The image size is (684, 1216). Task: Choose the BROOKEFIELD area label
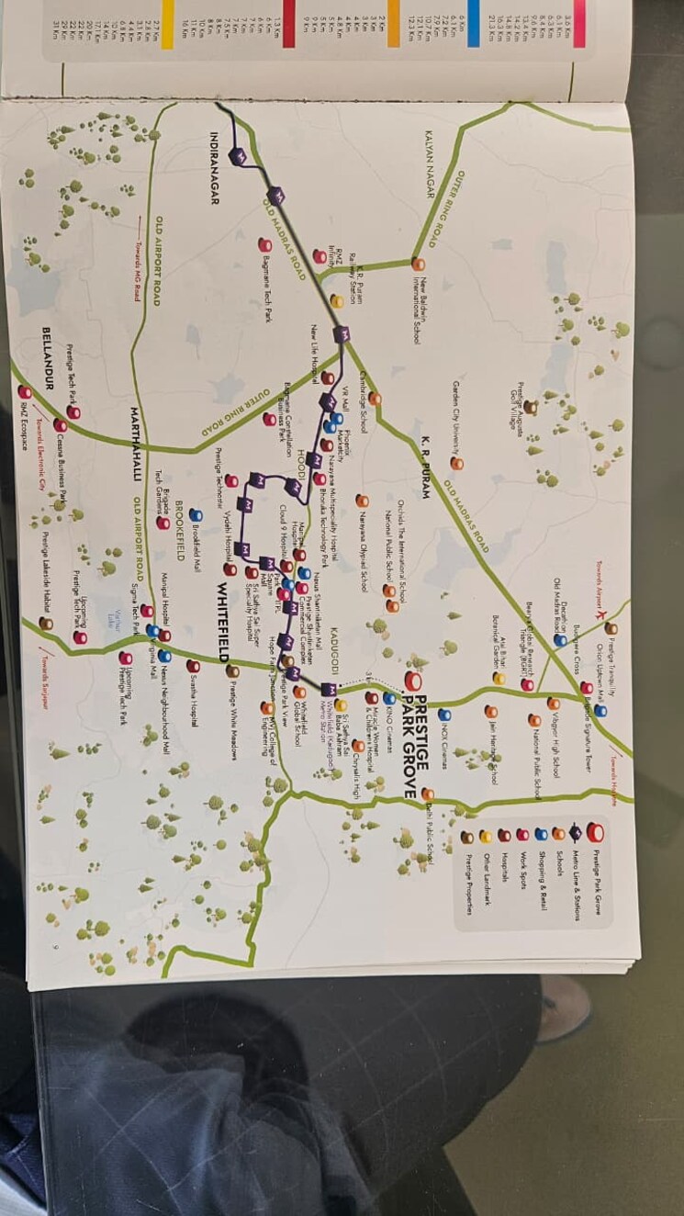[x=181, y=528]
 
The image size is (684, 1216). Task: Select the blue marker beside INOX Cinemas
[x=444, y=715]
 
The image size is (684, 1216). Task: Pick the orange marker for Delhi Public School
[x=428, y=794]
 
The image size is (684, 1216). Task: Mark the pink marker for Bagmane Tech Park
[x=264, y=245]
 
